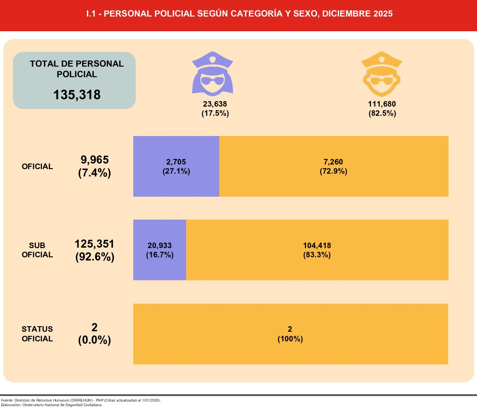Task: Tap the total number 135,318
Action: (x=77, y=95)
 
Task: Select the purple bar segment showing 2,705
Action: (x=176, y=166)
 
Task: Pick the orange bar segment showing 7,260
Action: (x=334, y=166)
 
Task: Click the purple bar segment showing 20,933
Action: (x=159, y=250)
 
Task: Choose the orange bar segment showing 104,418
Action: (x=317, y=250)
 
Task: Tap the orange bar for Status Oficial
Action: (x=290, y=334)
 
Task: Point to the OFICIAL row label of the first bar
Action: (x=37, y=166)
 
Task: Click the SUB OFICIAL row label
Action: (x=37, y=250)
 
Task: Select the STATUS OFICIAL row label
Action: (x=37, y=334)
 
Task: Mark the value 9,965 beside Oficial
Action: (x=94, y=160)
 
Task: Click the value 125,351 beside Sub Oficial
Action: (x=94, y=244)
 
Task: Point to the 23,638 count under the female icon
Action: (x=215, y=104)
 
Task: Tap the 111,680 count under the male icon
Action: (x=382, y=104)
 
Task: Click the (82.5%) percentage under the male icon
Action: (x=382, y=113)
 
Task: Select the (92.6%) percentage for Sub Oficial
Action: (x=94, y=257)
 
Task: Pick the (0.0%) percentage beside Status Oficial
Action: (x=94, y=340)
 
